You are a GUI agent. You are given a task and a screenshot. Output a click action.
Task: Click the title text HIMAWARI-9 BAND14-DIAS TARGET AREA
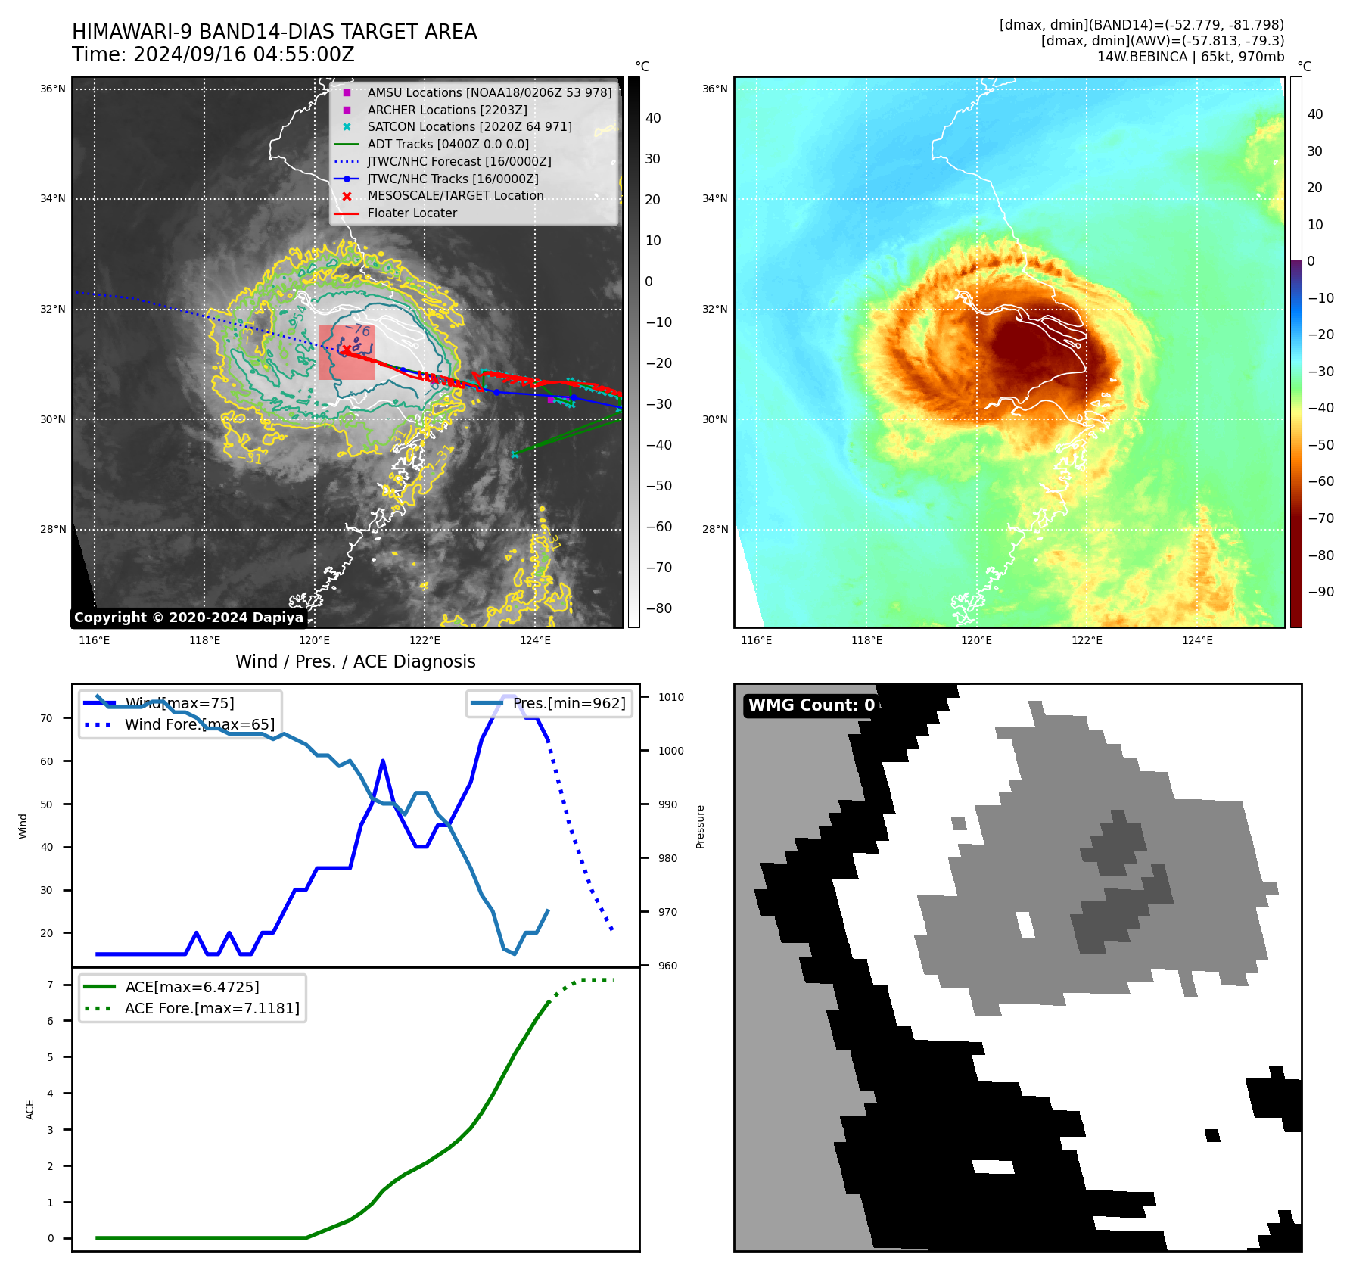click(274, 32)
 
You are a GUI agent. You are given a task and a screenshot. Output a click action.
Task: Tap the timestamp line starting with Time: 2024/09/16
click(213, 54)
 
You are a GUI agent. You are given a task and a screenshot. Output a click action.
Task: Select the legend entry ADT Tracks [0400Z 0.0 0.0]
click(447, 144)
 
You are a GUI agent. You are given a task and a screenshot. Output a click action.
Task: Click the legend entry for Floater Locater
click(412, 213)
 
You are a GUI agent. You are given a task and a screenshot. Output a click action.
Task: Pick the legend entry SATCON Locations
click(469, 126)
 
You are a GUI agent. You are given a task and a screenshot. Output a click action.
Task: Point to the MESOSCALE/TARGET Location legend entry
click(455, 195)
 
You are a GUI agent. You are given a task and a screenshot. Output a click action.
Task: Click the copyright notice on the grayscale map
click(188, 618)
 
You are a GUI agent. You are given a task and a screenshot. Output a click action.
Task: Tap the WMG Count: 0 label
click(811, 705)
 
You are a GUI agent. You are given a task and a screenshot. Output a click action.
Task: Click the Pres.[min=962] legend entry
click(569, 703)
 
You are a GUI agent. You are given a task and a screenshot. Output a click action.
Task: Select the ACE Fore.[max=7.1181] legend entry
click(212, 1008)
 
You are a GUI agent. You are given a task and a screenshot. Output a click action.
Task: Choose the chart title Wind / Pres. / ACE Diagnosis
click(355, 661)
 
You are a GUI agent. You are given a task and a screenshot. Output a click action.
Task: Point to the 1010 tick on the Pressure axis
click(670, 697)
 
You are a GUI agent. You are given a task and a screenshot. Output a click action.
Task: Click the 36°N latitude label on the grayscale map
click(53, 89)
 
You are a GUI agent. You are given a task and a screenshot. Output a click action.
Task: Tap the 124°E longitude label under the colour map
click(1197, 640)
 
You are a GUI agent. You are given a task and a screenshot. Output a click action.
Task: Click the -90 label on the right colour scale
click(1320, 592)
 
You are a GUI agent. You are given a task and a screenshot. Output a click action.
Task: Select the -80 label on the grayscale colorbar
click(658, 608)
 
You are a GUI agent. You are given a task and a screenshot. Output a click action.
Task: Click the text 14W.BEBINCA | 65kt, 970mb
click(1190, 57)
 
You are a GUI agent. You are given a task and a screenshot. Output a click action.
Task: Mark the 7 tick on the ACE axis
click(50, 985)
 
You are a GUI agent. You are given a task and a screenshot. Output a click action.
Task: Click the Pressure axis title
click(700, 826)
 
